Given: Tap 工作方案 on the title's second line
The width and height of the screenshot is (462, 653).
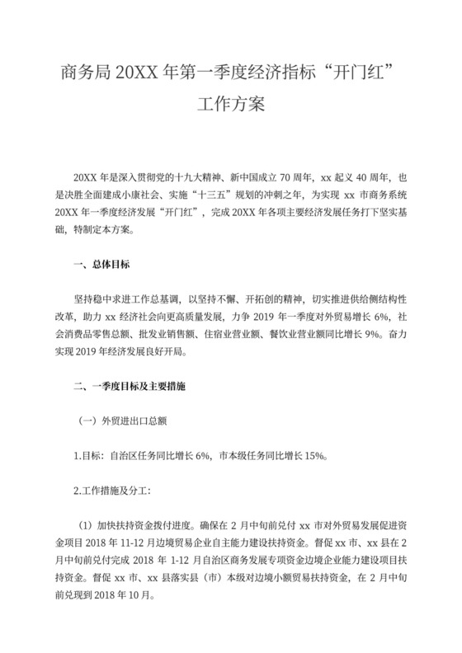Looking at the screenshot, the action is coord(230,105).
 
